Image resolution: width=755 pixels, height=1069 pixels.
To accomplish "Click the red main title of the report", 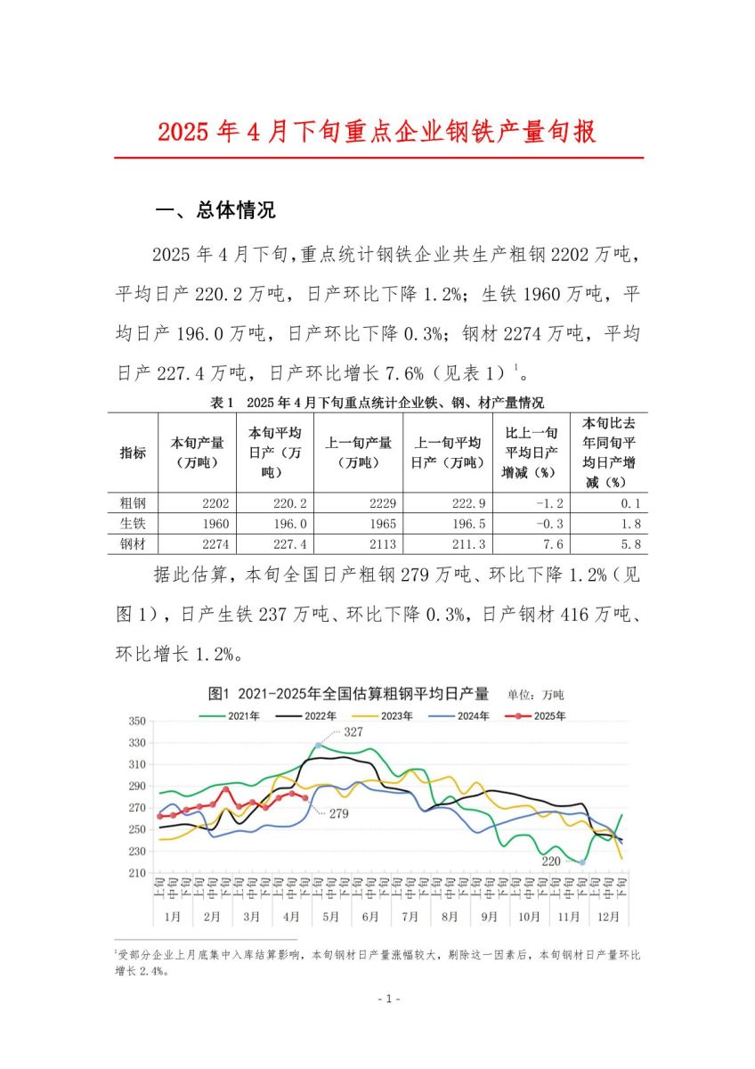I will (377, 133).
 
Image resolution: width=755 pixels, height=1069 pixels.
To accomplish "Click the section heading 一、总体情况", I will (215, 211).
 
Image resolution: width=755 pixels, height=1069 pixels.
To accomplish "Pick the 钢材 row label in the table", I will (132, 543).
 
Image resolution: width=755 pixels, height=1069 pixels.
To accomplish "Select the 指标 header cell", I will (132, 453).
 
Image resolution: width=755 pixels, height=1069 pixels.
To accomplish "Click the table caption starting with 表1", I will (377, 403).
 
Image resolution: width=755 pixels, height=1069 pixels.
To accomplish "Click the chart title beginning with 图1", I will (348, 694).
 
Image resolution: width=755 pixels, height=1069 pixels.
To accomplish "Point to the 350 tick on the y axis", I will (135, 720).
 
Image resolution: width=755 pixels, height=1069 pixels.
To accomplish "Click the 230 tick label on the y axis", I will (135, 851).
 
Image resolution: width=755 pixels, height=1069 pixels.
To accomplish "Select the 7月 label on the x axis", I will (410, 916).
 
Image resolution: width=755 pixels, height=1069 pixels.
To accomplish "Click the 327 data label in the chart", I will (354, 731).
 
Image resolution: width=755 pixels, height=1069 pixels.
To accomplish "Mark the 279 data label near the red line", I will (338, 813).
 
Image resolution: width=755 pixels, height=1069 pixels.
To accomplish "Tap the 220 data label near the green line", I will (552, 861).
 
